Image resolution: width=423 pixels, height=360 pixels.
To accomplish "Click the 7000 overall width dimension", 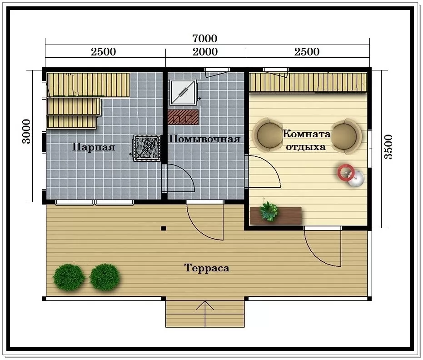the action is [x=205, y=39].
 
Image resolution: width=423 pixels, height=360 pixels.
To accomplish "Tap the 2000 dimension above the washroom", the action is [x=205, y=52].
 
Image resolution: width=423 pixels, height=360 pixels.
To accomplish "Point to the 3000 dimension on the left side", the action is [x=26, y=131].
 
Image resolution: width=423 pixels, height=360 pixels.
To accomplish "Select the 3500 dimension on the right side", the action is [x=388, y=147].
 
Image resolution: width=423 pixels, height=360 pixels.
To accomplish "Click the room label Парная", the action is [x=94, y=147].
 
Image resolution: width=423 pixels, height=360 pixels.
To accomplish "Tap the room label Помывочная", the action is [x=204, y=139].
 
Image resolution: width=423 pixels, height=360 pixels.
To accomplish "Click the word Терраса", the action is [x=207, y=268].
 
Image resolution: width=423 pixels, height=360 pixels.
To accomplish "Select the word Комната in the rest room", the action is [x=306, y=134].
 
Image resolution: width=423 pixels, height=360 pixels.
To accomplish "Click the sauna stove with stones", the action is [x=147, y=148].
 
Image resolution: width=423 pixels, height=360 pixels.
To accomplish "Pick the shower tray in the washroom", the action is [x=183, y=93].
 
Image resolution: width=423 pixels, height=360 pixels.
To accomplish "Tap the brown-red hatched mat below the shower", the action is [x=183, y=117].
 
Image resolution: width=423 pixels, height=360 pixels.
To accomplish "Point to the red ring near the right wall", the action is [x=346, y=173].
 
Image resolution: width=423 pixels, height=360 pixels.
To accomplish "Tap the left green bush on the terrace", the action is [x=69, y=277].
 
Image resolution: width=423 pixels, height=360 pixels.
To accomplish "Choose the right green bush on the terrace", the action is [x=105, y=277].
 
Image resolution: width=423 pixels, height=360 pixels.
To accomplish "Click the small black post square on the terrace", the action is [x=164, y=229].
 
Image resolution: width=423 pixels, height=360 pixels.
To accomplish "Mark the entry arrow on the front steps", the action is [x=205, y=314].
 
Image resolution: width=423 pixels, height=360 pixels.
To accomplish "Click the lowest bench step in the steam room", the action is [x=72, y=122].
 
